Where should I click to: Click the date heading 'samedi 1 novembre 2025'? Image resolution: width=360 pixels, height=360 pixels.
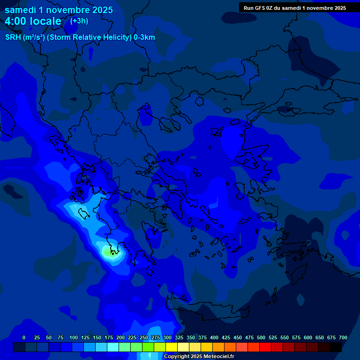[x=59, y=10]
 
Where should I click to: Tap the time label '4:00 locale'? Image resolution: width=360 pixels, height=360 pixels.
[x=33, y=21]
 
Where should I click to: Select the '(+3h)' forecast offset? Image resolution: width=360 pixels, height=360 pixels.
[x=79, y=21]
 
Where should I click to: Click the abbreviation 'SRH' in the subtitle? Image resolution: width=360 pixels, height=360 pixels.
[x=13, y=37]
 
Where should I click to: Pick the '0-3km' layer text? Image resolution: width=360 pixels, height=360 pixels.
[x=144, y=37]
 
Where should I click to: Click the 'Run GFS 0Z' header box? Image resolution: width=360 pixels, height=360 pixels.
[x=295, y=8]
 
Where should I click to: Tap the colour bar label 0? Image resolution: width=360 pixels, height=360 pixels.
[x=24, y=337]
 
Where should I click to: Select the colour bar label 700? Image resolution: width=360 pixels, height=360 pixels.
[x=343, y=337]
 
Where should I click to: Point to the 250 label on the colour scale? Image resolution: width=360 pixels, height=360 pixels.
[x=144, y=337]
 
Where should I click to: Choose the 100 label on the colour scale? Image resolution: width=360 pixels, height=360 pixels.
[x=74, y=337]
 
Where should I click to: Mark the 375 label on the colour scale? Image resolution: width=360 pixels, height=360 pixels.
[x=202, y=337]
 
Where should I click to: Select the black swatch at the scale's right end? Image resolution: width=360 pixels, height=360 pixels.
[x=336, y=347]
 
